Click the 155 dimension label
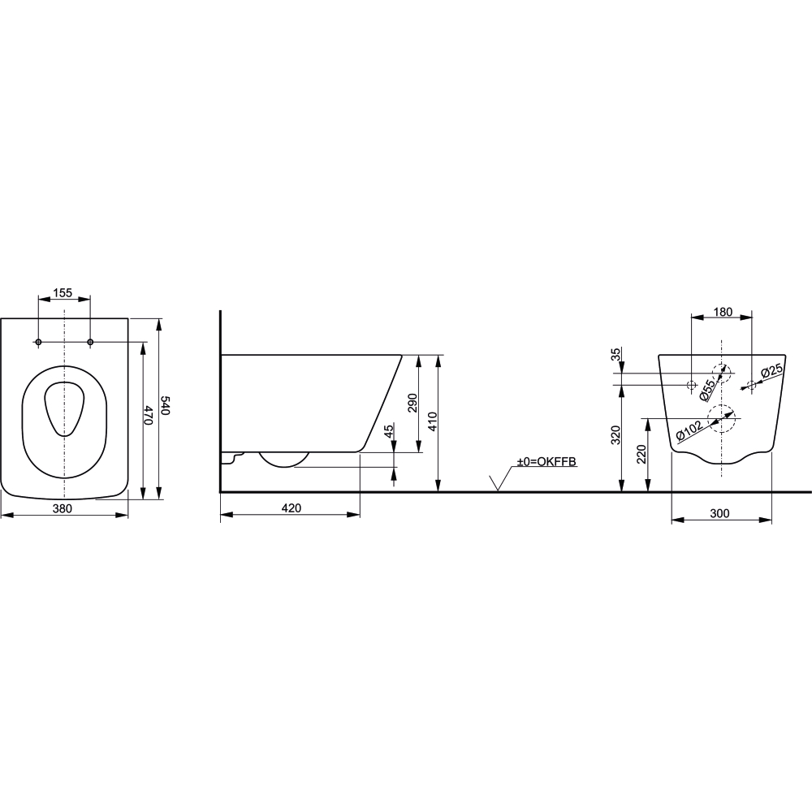pos(63,292)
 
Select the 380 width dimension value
pos(63,508)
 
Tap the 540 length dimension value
pos(165,405)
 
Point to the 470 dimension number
pos(148,416)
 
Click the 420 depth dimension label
pos(291,508)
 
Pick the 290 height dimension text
pos(412,403)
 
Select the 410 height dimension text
pos(433,421)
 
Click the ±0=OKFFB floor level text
pos(546,461)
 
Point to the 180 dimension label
pos(723,312)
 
